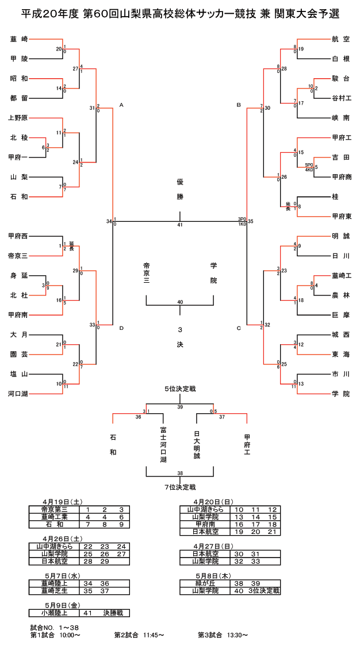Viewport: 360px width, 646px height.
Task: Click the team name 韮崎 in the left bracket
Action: click(x=19, y=39)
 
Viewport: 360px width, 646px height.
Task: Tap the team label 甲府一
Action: click(x=19, y=157)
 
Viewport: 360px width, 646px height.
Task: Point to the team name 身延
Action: click(x=19, y=275)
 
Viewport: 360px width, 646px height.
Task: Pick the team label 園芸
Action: click(x=19, y=354)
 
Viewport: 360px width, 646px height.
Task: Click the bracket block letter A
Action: click(x=121, y=105)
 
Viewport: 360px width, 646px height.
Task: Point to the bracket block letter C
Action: click(x=238, y=328)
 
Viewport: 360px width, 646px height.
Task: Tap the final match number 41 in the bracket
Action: click(x=180, y=225)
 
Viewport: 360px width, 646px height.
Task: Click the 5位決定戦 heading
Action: click(x=180, y=389)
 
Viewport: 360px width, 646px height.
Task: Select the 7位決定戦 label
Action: click(x=180, y=487)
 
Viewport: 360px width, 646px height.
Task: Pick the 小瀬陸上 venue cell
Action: click(x=54, y=613)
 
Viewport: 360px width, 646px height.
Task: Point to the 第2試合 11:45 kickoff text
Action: click(x=139, y=635)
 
